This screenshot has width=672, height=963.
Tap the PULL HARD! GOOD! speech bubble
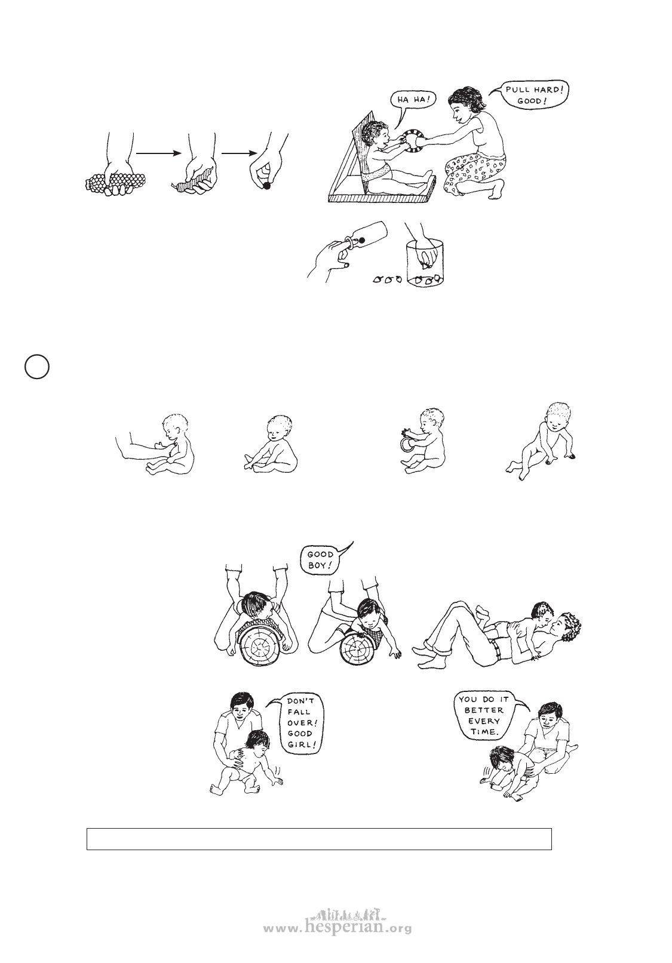[x=533, y=96]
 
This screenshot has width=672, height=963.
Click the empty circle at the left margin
[x=37, y=367]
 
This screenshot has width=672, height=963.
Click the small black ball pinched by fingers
[x=267, y=186]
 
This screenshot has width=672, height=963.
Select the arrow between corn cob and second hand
[x=158, y=153]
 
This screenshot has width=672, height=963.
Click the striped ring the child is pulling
[x=412, y=140]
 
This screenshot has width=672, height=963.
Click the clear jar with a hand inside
[x=425, y=263]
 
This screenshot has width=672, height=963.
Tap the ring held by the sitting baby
[x=405, y=444]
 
